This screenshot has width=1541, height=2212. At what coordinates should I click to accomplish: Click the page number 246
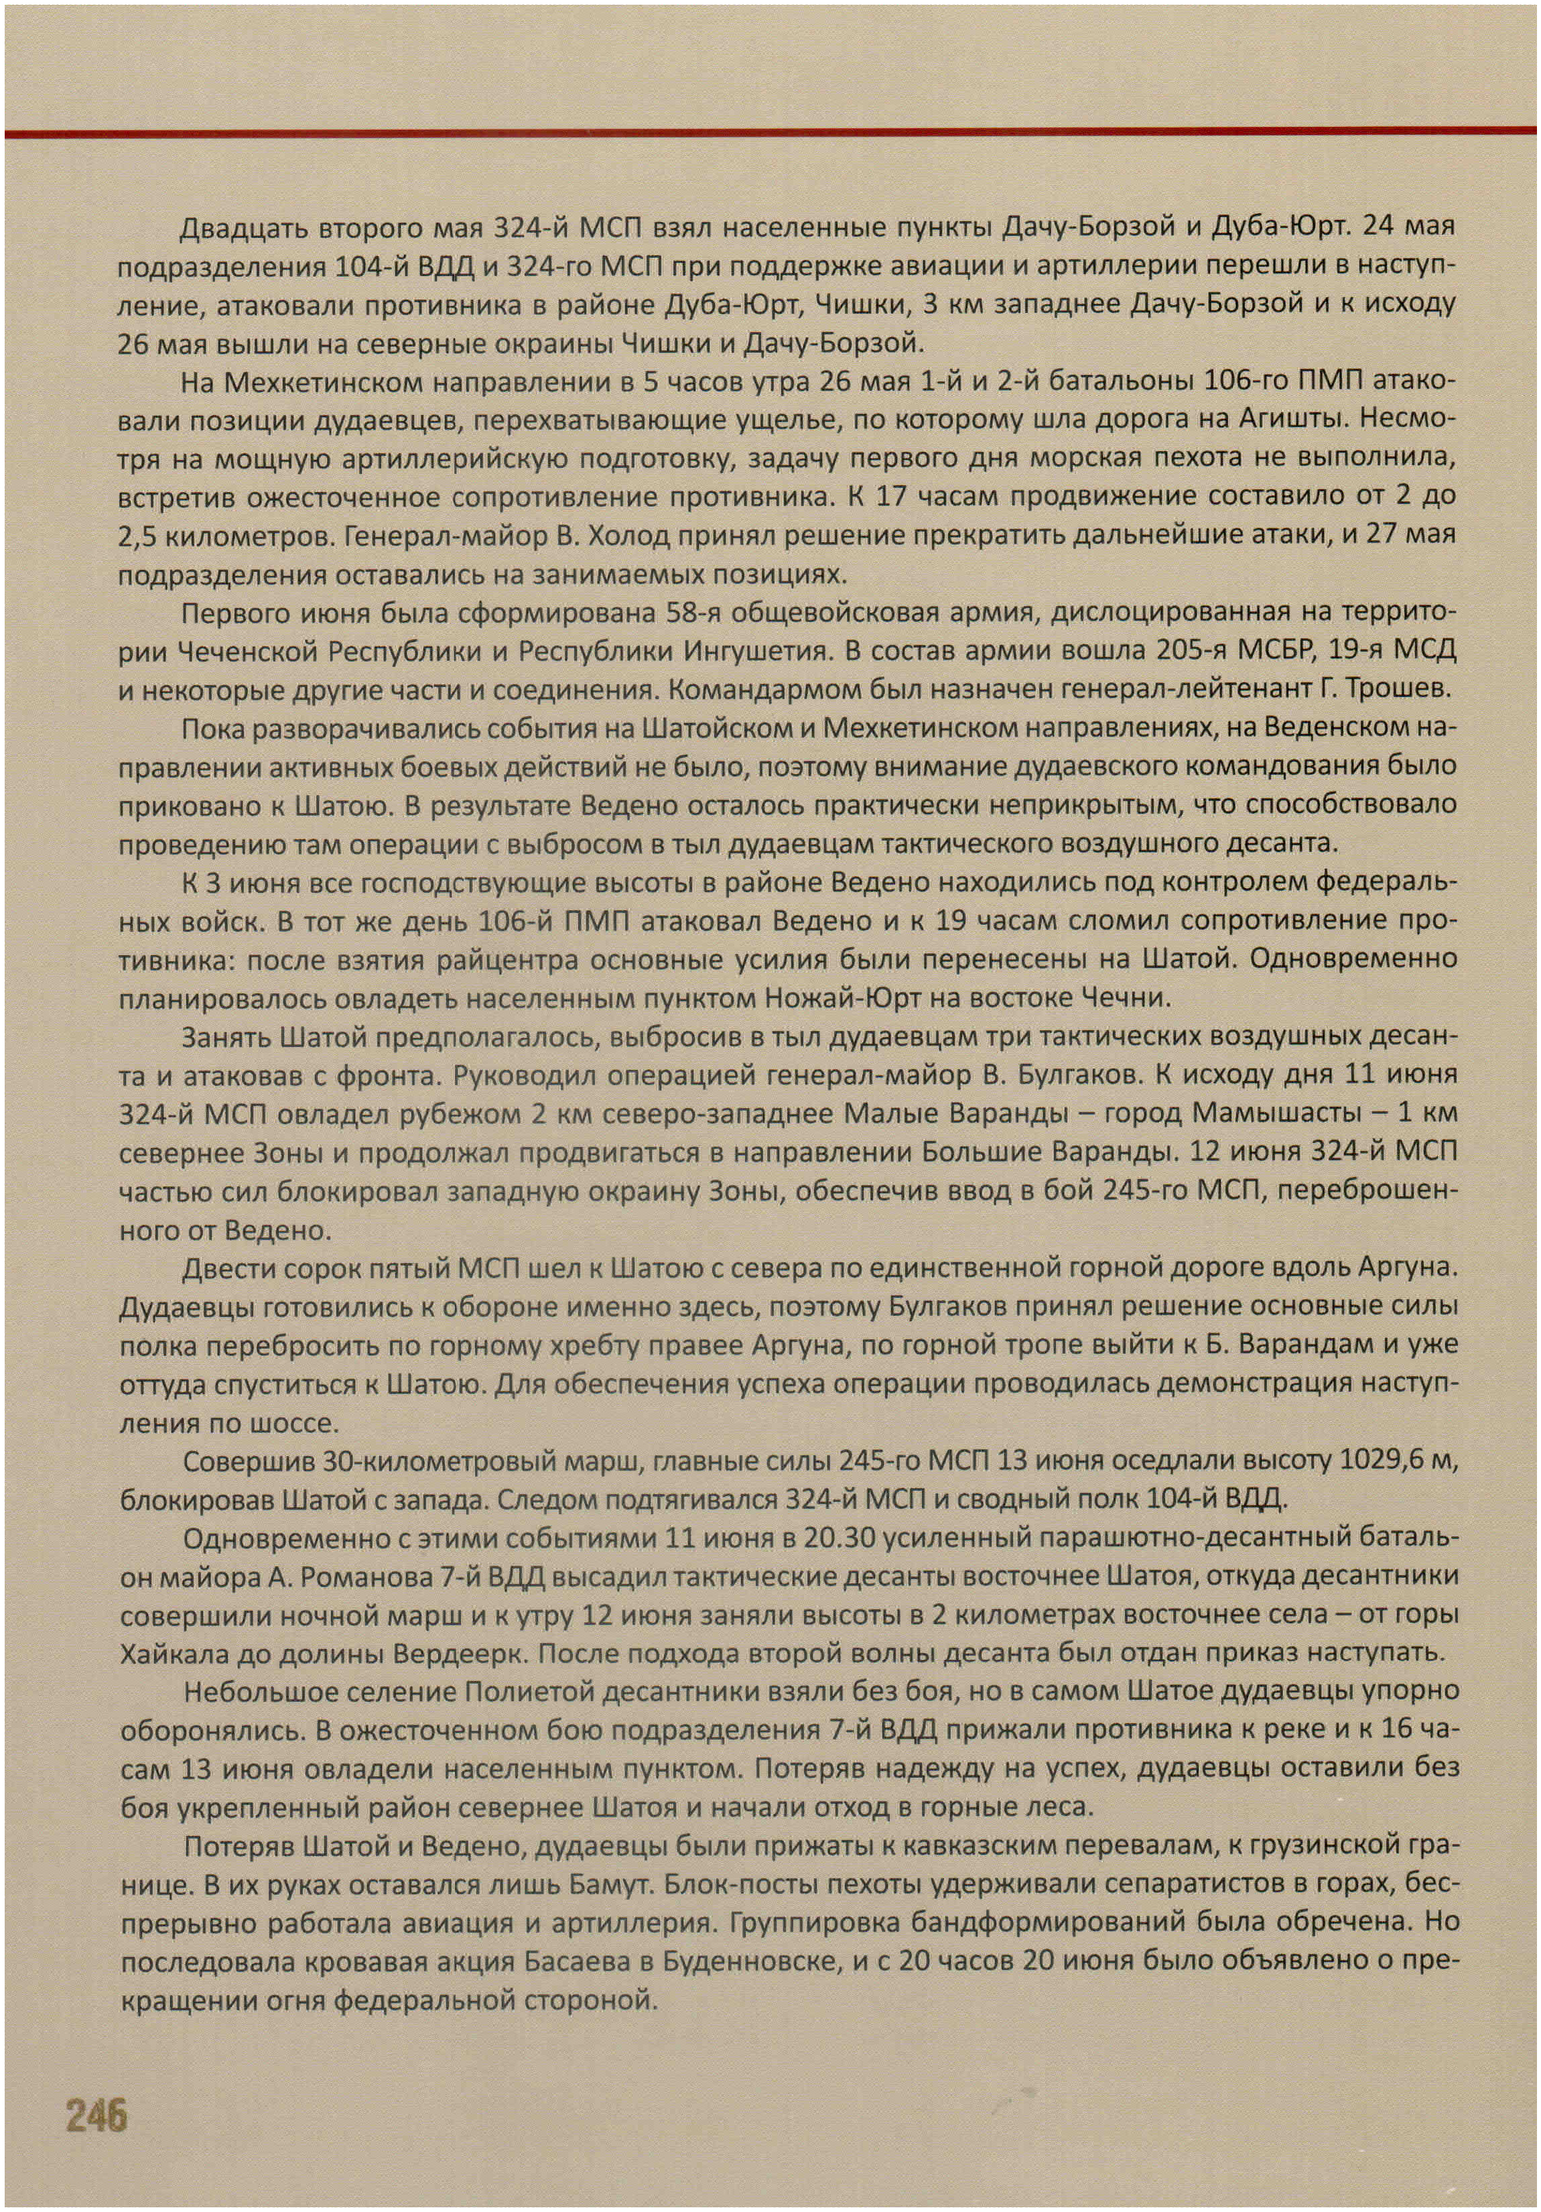[x=96, y=2115]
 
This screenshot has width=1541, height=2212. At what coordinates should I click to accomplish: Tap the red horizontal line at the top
[x=770, y=132]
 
